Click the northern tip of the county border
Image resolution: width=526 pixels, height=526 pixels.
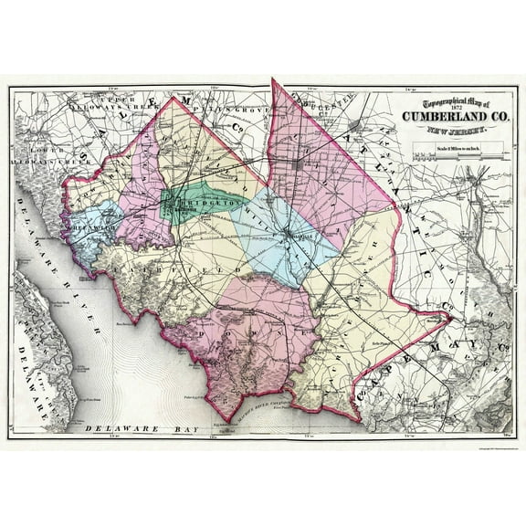point(272,80)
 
